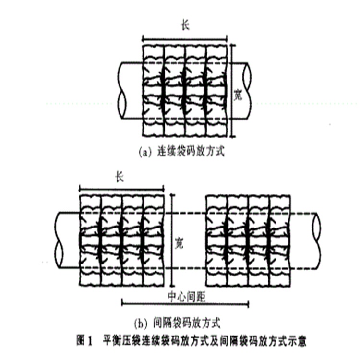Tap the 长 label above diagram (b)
click(x=120, y=177)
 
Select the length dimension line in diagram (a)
click(x=185, y=37)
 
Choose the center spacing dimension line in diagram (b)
click(x=185, y=303)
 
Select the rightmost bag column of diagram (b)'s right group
click(x=280, y=240)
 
